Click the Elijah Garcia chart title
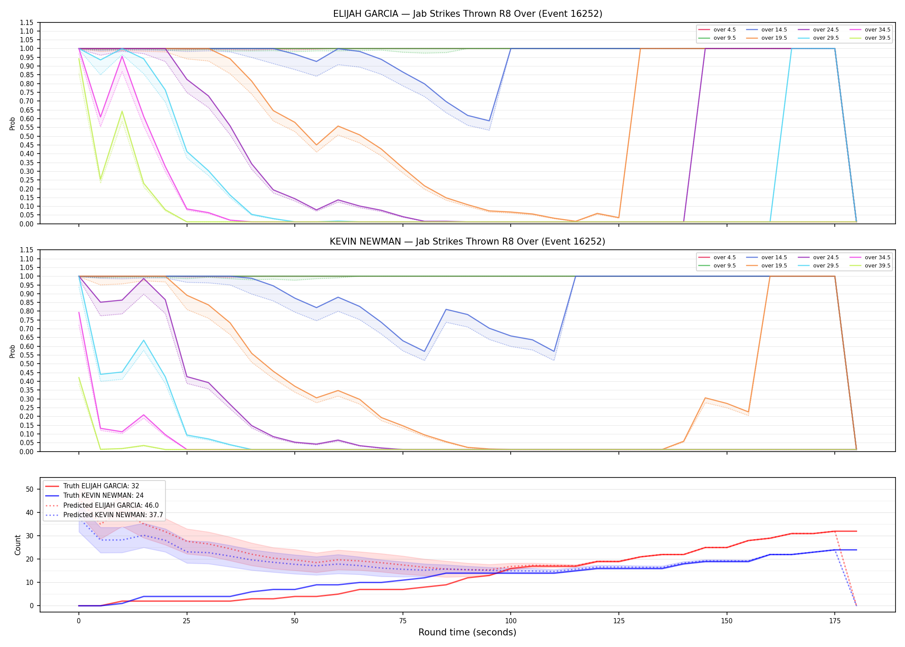[x=468, y=14]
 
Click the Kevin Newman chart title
[x=468, y=242]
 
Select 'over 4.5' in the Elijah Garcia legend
[x=724, y=30]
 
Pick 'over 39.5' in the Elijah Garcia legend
[x=877, y=38]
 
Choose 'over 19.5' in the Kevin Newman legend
[x=774, y=266]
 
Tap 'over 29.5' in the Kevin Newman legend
[x=826, y=266]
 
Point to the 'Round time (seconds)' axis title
[x=467, y=632]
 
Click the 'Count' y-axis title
[x=18, y=545]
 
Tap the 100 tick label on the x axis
[x=510, y=621]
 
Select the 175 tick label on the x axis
[x=835, y=621]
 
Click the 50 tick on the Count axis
[x=30, y=489]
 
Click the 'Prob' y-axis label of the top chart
[x=12, y=123]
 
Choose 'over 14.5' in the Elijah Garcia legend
[x=774, y=30]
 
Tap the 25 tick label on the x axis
[x=187, y=621]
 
